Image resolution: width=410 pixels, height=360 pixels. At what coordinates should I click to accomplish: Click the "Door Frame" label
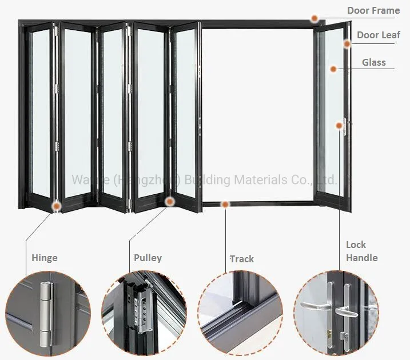click(x=373, y=10)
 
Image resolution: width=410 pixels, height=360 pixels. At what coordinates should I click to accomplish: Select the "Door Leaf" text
click(x=379, y=35)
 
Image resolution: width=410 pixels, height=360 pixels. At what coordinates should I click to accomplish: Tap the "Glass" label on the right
click(x=373, y=62)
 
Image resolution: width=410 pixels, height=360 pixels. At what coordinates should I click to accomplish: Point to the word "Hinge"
click(x=45, y=258)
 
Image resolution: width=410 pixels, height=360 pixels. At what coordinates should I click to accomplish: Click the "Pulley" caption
click(x=148, y=258)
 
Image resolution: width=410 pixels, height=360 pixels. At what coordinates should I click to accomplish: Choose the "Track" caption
click(x=241, y=259)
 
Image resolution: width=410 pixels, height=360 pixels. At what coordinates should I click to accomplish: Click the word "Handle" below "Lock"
click(x=361, y=258)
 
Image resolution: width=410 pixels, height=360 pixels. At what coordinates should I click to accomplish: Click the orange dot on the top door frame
click(x=315, y=19)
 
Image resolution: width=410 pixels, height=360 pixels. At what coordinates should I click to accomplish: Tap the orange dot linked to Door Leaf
click(x=347, y=43)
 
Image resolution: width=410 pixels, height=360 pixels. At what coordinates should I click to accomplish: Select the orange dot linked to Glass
click(x=333, y=69)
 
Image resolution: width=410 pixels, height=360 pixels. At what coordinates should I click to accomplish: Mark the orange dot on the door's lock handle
click(x=339, y=125)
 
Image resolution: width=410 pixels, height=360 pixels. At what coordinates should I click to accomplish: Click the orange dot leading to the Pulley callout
click(x=169, y=201)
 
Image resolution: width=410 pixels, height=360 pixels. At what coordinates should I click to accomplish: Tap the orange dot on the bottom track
click(x=225, y=204)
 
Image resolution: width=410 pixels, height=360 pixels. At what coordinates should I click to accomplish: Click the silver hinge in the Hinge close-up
click(x=46, y=312)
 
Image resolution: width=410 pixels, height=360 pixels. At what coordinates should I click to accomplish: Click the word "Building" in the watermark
click(x=208, y=180)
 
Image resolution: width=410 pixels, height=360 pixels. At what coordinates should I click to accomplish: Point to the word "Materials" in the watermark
click(x=259, y=180)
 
